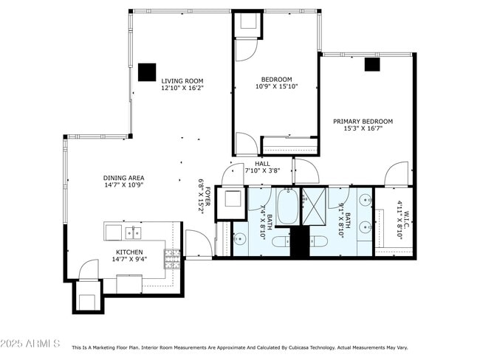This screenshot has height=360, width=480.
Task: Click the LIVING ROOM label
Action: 182,81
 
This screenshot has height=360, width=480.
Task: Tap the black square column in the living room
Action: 147,72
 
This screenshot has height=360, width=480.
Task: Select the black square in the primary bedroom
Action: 371,64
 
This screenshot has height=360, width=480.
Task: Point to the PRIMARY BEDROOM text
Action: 363,122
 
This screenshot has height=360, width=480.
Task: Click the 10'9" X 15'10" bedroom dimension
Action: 277,87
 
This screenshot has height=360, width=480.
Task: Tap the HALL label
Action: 262,164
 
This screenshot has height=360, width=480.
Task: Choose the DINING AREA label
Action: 123,178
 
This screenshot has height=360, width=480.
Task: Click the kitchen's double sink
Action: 134,233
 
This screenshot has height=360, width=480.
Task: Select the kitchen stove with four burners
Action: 171,258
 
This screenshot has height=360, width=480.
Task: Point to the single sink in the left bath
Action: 240,238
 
